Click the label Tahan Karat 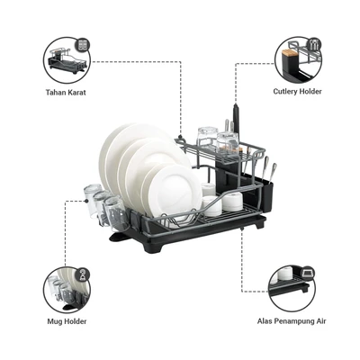point(66,92)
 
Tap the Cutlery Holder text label point(297,92)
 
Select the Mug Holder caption point(67,321)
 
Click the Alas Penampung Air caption point(292,321)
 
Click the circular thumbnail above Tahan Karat point(67,60)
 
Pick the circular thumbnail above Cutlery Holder point(298,60)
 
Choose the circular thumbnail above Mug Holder point(67,290)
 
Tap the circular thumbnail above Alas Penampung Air point(292,289)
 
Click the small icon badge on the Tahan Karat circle point(83,45)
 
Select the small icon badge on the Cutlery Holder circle point(314,45)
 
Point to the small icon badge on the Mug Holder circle point(83,274)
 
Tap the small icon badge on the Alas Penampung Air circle point(307,273)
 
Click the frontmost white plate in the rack point(175,192)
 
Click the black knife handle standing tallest point(236,120)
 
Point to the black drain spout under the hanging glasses point(120,237)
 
